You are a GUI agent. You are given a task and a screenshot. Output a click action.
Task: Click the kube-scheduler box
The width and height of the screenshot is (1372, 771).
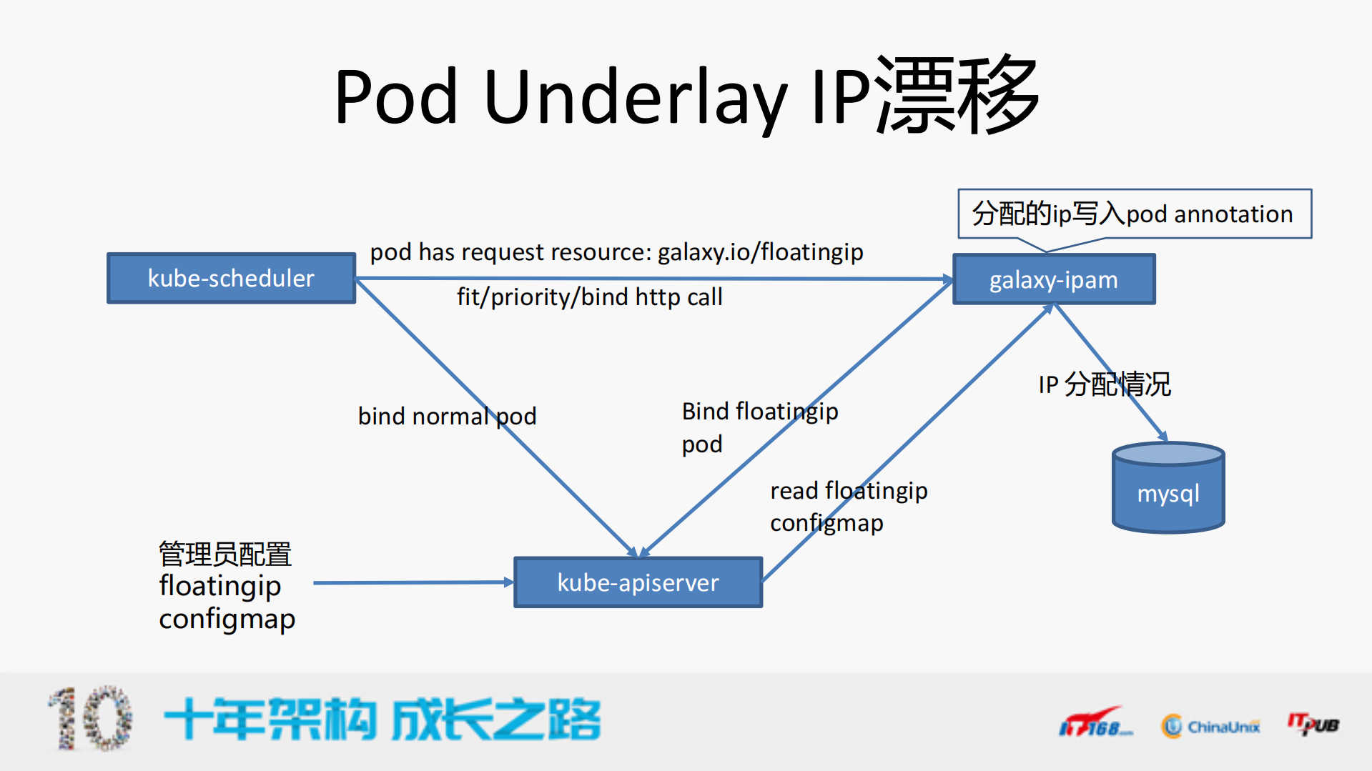(231, 278)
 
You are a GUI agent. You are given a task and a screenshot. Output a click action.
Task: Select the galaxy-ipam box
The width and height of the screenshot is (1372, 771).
(1053, 279)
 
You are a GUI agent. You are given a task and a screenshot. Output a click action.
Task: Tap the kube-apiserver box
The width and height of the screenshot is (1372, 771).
(638, 582)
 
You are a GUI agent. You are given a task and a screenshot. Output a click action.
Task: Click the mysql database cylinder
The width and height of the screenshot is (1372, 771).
(1168, 489)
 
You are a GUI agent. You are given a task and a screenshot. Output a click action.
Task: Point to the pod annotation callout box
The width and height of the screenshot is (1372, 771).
(1134, 214)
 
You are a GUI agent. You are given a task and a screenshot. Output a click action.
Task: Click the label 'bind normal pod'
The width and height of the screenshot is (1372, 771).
(447, 416)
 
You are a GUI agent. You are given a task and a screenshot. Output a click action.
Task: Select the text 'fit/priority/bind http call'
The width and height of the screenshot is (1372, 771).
(589, 297)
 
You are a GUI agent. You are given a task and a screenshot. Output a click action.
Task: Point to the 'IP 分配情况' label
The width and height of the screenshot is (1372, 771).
(1104, 384)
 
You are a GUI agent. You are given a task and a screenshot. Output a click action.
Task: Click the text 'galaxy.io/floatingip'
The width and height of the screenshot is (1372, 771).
(760, 252)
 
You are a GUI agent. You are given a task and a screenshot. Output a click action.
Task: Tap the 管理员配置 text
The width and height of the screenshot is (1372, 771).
(224, 554)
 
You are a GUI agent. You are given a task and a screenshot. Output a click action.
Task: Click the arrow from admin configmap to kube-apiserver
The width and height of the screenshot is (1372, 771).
(413, 582)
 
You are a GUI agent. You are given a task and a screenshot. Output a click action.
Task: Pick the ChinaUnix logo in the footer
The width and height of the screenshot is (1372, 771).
(1210, 726)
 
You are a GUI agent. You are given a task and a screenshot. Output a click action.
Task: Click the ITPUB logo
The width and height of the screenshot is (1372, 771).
(1313, 725)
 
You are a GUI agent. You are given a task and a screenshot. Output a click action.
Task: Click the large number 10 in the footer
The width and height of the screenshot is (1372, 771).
(92, 719)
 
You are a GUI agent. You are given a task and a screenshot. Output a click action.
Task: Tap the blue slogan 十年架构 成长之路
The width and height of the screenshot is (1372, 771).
(382, 719)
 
